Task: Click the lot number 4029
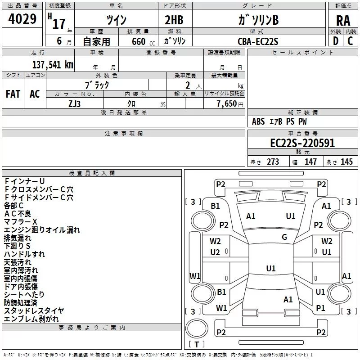(22, 20)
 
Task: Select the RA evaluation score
(343, 21)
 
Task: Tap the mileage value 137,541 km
(53, 64)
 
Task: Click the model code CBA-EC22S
(258, 41)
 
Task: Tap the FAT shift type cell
(13, 94)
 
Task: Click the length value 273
(273, 162)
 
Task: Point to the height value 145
(346, 162)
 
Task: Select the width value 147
(310, 162)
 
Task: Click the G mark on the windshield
(284, 237)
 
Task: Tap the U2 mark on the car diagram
(215, 252)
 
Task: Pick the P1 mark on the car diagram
(320, 308)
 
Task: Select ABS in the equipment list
(258, 121)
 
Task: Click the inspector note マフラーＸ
(21, 221)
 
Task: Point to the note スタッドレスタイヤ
(34, 311)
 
